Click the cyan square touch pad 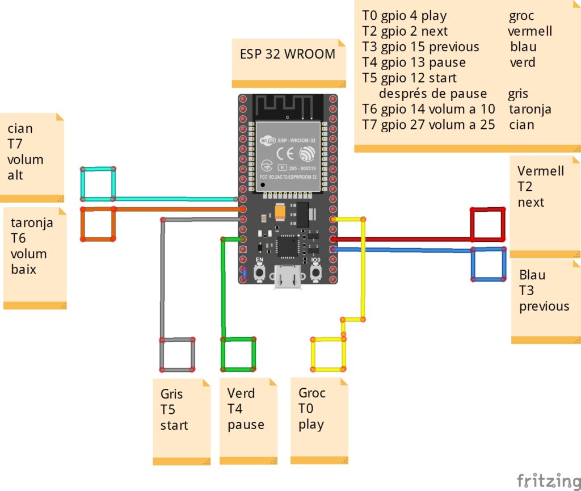point(98,184)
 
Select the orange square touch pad point(98,224)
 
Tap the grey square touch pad point(177,355)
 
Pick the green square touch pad point(238,354)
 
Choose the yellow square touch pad point(328,354)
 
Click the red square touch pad point(487,224)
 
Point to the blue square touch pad point(489,264)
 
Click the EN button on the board point(260,273)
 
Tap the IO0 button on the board point(317,273)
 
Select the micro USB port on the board point(288,279)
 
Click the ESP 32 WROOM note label point(288,54)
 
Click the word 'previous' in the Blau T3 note point(544,307)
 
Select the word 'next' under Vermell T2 point(531,203)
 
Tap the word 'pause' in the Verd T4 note point(246,425)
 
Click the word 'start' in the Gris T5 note point(174,425)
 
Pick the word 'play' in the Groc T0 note point(311,425)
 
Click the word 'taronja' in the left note point(32,223)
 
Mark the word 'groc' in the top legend point(521,16)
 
